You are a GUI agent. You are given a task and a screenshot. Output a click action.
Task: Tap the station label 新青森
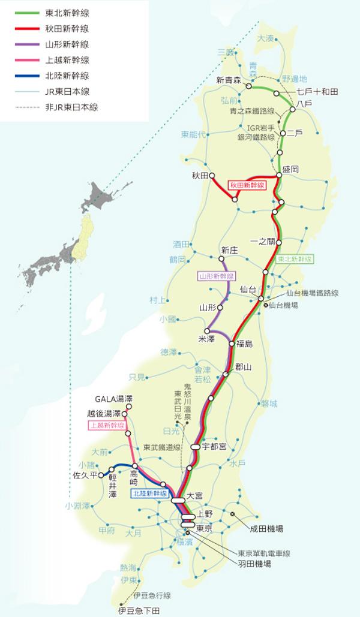pyautogui.click(x=228, y=80)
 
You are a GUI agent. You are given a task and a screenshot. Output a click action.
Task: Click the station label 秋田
pyautogui.click(x=199, y=176)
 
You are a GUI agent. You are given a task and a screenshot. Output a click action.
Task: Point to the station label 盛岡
pyautogui.click(x=291, y=170)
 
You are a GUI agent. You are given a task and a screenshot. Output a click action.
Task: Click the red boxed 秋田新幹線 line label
pyautogui.click(x=247, y=185)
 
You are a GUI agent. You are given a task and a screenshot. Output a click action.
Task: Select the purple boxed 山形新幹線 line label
pyautogui.click(x=217, y=276)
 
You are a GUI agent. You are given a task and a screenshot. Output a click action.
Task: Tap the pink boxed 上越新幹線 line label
pyautogui.click(x=107, y=425)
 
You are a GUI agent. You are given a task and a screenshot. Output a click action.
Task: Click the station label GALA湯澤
pyautogui.click(x=113, y=399)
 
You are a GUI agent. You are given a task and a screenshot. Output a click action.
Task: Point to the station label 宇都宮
pyautogui.click(x=214, y=447)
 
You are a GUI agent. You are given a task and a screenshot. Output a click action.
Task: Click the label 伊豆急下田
pyautogui.click(x=139, y=610)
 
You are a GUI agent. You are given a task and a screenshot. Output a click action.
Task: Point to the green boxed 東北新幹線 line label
pyautogui.click(x=296, y=260)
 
